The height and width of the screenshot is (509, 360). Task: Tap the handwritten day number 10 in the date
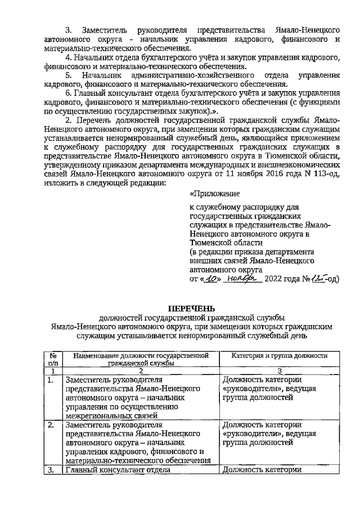coord(210,278)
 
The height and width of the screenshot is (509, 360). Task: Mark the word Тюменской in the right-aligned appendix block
coord(212,242)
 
